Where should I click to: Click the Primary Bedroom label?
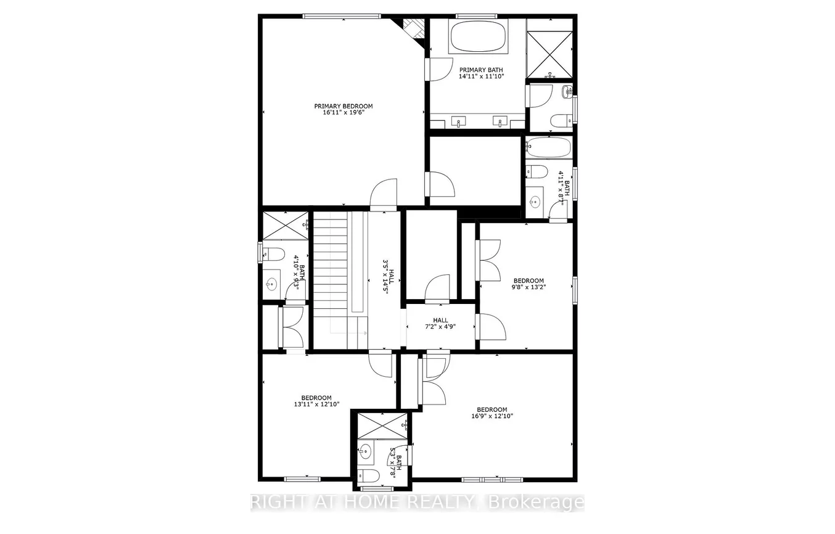(x=343, y=106)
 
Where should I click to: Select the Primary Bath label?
(x=481, y=70)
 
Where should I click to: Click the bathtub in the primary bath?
(x=479, y=36)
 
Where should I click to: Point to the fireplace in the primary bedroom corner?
(x=411, y=28)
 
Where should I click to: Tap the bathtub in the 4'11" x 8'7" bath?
(x=548, y=147)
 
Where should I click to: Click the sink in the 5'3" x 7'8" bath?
(x=366, y=451)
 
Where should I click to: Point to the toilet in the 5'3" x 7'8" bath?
(x=369, y=475)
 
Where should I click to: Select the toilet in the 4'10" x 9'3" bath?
(x=273, y=253)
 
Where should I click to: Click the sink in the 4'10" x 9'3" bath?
(x=271, y=284)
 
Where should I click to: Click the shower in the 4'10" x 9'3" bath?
(x=285, y=225)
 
